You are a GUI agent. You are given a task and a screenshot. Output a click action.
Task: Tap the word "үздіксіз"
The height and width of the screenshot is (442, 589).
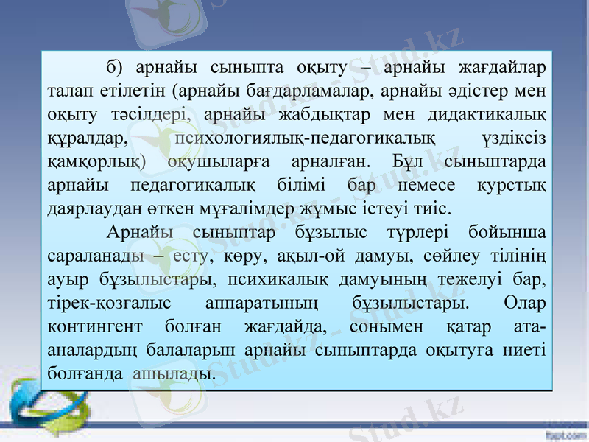[x=512, y=138]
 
